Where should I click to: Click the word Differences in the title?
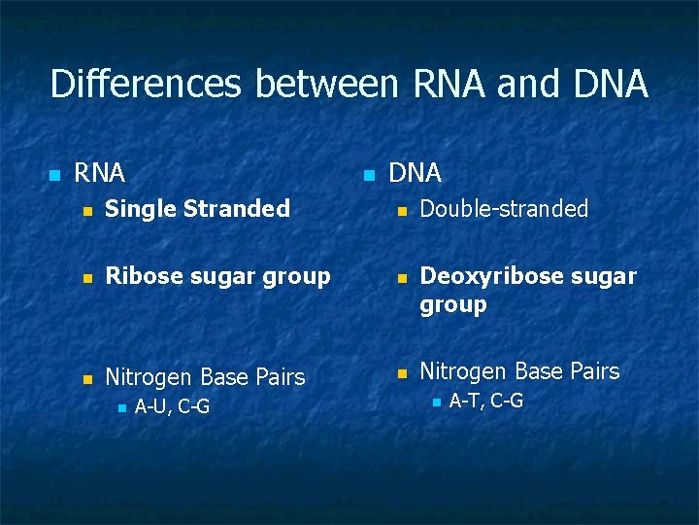pyautogui.click(x=147, y=85)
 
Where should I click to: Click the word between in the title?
pyautogui.click(x=325, y=85)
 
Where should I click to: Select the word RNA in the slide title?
pyautogui.click(x=449, y=85)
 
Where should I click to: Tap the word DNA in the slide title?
pyautogui.click(x=611, y=85)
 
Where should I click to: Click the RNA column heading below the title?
pyautogui.click(x=100, y=174)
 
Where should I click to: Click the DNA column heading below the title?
pyautogui.click(x=415, y=174)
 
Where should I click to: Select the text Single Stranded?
pyautogui.click(x=197, y=209)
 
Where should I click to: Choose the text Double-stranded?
pyautogui.click(x=504, y=209)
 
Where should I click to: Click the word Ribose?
pyautogui.click(x=137, y=277)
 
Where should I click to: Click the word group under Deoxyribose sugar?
pyautogui.click(x=452, y=305)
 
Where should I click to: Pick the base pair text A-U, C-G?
pyautogui.click(x=172, y=407)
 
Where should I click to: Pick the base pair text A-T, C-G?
pyautogui.click(x=485, y=401)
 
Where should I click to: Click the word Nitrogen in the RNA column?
pyautogui.click(x=150, y=377)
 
